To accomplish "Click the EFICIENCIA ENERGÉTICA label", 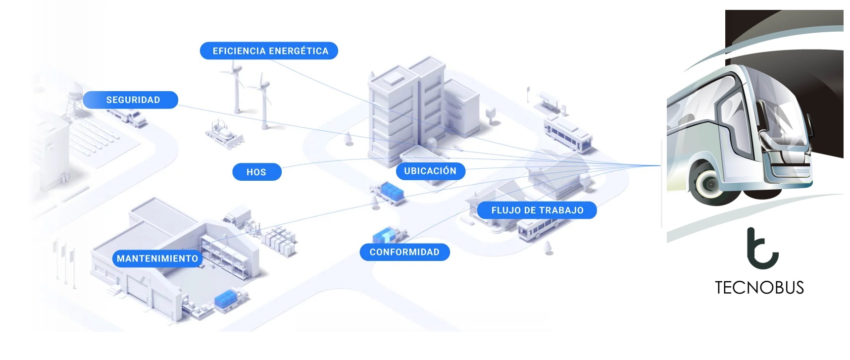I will coord(269,51).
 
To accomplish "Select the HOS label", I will coord(257,172).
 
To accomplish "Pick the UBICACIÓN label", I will coord(431,171).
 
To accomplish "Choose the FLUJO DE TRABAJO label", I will coord(537,210).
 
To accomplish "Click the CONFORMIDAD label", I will coord(404,252).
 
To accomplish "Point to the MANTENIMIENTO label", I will coord(157,258).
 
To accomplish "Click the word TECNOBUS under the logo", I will coord(759,288).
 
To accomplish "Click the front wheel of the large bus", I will coord(711,184).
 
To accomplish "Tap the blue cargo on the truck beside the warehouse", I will coord(226,298).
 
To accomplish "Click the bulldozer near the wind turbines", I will coord(224,133).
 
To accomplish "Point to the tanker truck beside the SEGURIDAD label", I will coord(129,117).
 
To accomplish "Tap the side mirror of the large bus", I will coord(810,124).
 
